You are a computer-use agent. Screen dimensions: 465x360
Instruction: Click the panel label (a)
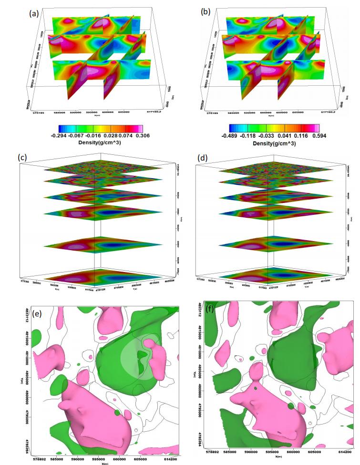coord(34,13)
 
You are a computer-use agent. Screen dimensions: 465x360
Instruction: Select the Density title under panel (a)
coord(100,143)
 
